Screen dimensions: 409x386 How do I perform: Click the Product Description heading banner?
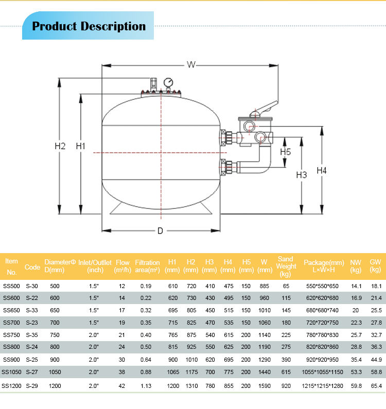coord(89,26)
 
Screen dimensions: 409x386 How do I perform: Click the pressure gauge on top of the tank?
coord(168,83)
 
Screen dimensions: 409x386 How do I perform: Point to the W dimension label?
coord(191,64)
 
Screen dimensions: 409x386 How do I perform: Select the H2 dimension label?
coord(60,146)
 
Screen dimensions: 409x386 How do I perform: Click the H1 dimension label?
coord(80,146)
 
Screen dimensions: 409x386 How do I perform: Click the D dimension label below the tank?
coord(160,231)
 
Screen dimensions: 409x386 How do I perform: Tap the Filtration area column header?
coord(147,266)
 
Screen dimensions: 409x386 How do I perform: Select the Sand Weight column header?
coord(286,266)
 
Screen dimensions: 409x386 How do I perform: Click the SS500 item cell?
coord(11,286)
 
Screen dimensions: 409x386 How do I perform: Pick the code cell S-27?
coord(32,372)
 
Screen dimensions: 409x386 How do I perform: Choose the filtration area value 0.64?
coord(147,360)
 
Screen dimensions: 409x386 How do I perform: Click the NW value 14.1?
coord(356,286)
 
